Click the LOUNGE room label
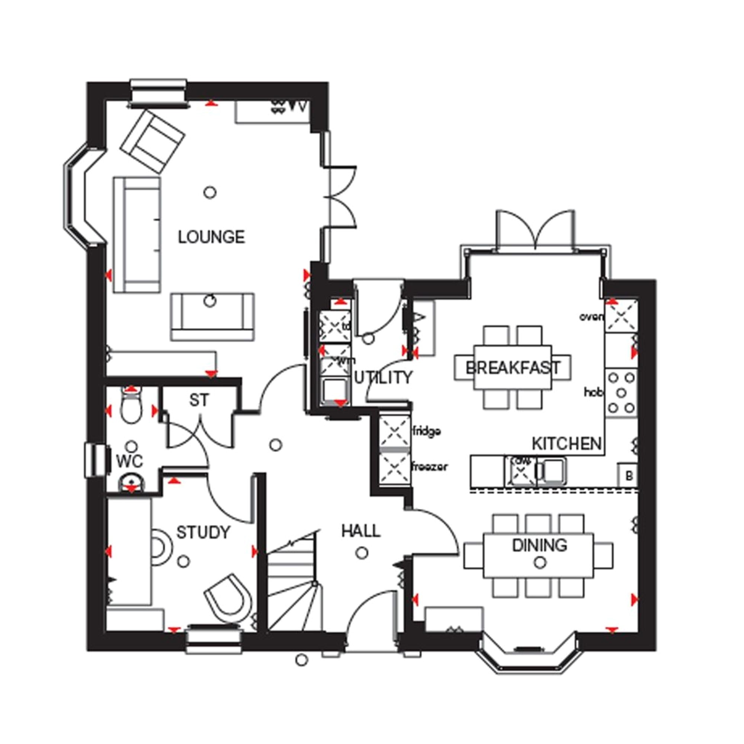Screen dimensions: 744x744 [x=211, y=237]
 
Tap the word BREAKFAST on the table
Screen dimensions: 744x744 [x=513, y=368]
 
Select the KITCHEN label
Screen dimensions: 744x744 [x=566, y=444]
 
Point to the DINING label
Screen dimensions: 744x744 [x=539, y=545]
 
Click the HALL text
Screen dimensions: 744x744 [x=361, y=532]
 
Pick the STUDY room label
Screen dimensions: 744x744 [x=203, y=533]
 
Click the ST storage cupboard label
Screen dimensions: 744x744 [x=199, y=401]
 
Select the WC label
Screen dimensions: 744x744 [x=129, y=461]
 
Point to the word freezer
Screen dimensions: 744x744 [x=430, y=467]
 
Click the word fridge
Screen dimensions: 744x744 [x=426, y=431]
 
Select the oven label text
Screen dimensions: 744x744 [x=591, y=317]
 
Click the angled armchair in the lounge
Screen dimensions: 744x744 [x=153, y=141]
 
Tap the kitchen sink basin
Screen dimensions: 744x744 [x=554, y=470]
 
